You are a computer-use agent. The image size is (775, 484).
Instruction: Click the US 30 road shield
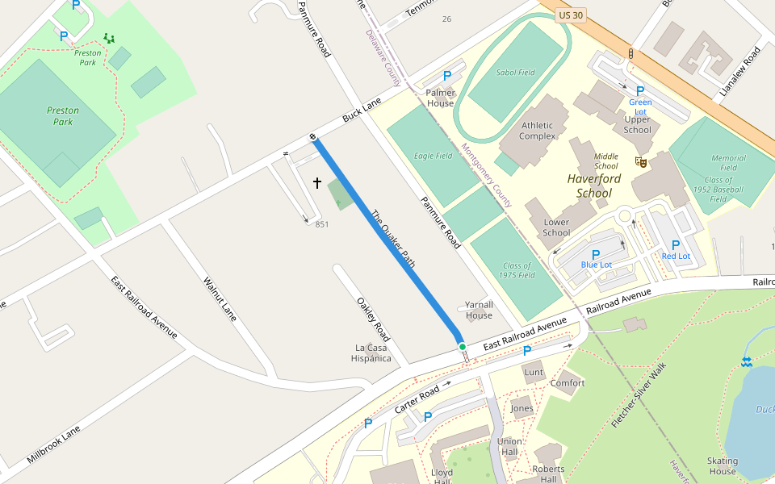tap(570, 15)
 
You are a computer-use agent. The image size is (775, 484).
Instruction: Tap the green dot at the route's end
tap(463, 347)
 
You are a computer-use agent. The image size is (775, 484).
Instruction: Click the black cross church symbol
tap(317, 184)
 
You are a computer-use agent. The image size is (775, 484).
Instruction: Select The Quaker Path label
tap(393, 239)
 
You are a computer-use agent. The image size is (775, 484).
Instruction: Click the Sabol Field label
tap(516, 73)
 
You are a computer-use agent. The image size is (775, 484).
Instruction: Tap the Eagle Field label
tap(433, 156)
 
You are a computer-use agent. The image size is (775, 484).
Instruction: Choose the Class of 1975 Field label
tap(517, 270)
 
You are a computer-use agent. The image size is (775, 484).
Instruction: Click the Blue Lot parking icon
tap(596, 254)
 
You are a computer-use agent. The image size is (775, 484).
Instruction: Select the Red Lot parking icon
tap(676, 245)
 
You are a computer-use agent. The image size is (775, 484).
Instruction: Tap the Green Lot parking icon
tap(640, 91)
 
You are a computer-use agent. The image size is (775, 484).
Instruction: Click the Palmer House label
tap(440, 98)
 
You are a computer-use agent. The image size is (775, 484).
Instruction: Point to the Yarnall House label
tap(479, 310)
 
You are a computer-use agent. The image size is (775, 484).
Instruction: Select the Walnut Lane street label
tap(220, 299)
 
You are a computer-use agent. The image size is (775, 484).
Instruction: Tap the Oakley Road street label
tap(373, 319)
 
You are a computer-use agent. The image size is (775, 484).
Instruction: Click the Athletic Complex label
tap(537, 131)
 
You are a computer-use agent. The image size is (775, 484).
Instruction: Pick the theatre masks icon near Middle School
tap(642, 162)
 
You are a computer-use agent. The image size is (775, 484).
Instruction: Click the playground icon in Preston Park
tap(109, 38)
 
